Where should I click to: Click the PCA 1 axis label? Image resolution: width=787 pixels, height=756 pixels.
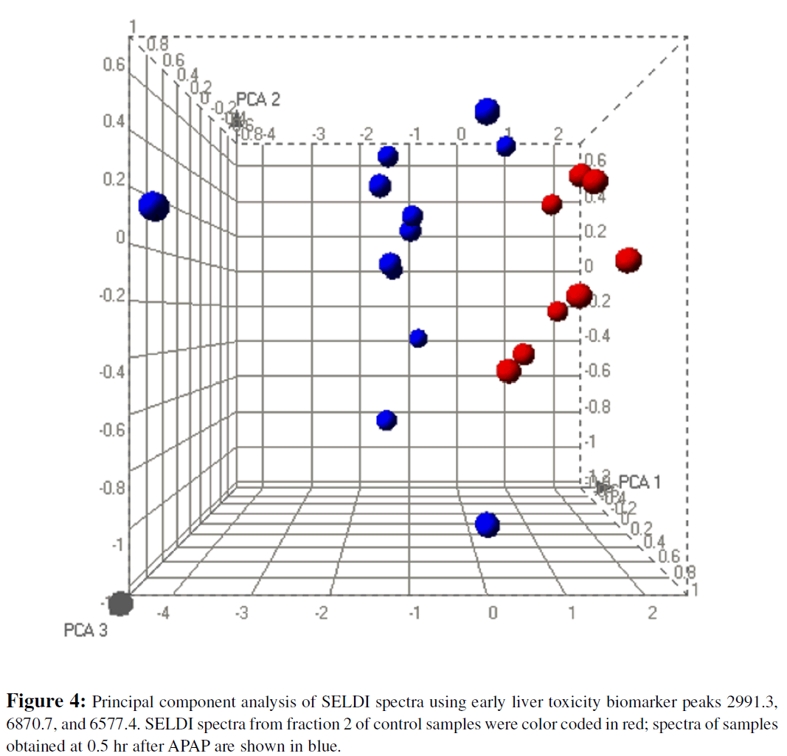[639, 482]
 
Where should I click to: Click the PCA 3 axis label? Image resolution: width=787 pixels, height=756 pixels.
[86, 631]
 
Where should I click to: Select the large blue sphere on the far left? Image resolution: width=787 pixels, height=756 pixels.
[154, 207]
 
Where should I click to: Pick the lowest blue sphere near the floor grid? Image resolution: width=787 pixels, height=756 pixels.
[487, 525]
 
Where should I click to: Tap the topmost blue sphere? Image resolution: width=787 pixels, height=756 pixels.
[487, 111]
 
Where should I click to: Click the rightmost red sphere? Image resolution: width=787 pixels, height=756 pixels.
[628, 260]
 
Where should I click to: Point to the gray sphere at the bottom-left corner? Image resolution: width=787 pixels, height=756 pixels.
[119, 604]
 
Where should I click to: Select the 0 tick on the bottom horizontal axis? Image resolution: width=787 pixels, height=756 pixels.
[493, 612]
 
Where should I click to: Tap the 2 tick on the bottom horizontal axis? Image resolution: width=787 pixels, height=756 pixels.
[651, 612]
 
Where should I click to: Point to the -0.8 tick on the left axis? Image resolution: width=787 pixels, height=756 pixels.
[112, 488]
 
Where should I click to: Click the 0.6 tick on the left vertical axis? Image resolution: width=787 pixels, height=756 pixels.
[114, 64]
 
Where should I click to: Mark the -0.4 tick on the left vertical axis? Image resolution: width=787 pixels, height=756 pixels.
[112, 371]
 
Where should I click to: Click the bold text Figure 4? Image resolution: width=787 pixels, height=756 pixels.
[48, 698]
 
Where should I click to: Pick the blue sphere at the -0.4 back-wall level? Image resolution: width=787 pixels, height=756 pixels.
[418, 338]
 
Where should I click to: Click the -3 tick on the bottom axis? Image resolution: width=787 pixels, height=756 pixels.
[240, 612]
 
